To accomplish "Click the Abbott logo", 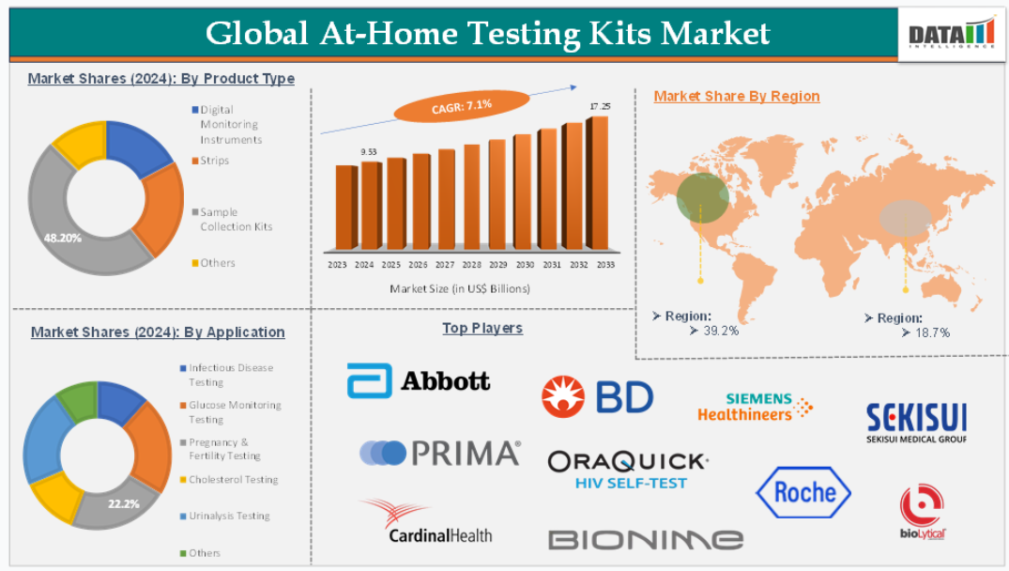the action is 419,380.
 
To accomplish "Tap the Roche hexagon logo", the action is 803,492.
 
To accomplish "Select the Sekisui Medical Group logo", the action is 916,423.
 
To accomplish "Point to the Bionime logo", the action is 646,539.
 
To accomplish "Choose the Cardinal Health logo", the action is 427,521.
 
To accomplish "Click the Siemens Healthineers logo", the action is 755,407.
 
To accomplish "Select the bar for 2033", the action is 597,183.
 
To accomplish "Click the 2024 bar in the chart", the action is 372,206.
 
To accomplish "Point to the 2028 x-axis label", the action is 472,265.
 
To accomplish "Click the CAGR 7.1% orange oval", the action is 462,106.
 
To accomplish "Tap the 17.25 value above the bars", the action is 600,106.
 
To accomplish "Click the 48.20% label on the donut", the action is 63,239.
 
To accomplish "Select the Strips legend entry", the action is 210,161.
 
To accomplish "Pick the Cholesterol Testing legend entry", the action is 229,480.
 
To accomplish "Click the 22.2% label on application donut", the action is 124,504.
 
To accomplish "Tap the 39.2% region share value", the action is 721,331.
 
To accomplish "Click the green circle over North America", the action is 703,197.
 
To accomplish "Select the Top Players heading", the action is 482,329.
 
